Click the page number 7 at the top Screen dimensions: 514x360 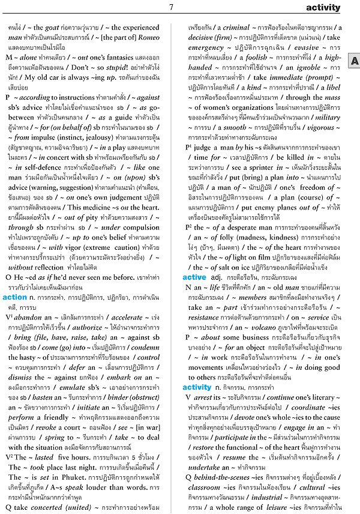coord(171,7)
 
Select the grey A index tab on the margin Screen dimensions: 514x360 coord(354,61)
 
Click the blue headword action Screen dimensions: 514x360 coord(15,297)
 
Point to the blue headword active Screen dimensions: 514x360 coord(194,278)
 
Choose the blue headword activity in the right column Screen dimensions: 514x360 coord(197,387)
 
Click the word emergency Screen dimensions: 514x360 coord(205,47)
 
